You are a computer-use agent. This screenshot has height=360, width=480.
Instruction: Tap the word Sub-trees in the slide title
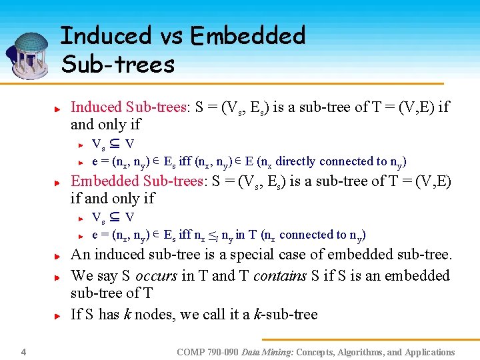(x=117, y=64)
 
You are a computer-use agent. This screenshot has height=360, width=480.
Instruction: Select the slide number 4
(x=23, y=351)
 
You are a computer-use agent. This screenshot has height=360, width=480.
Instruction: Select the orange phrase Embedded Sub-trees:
(x=137, y=181)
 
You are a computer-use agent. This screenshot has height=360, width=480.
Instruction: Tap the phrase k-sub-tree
(x=285, y=314)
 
